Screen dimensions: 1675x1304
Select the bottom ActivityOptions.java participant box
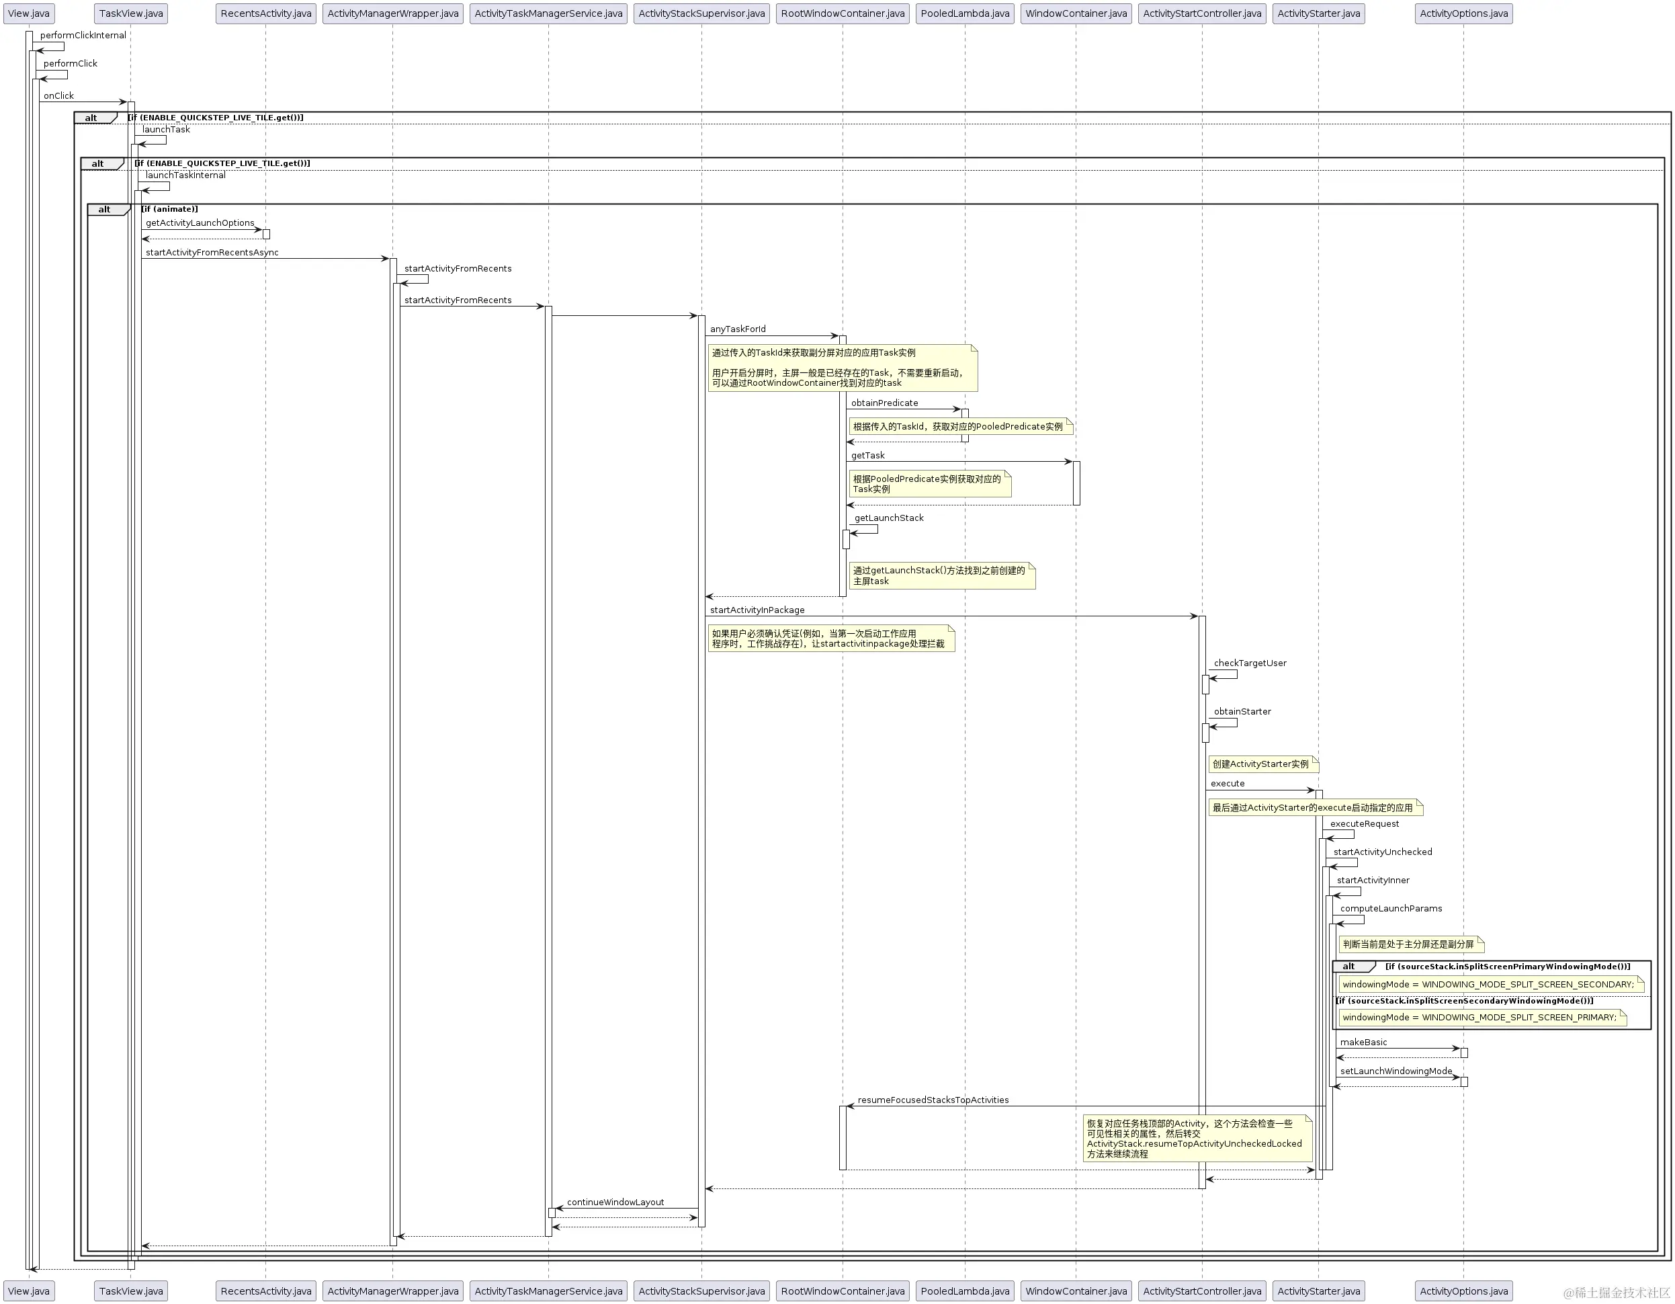coord(1463,1291)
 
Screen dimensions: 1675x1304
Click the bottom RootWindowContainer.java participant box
coord(843,1291)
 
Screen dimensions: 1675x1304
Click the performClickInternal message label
coord(83,35)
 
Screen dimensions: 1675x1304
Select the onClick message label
coord(59,96)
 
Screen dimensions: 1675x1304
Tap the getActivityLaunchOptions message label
coord(200,223)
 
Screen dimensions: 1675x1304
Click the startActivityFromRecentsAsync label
coord(212,252)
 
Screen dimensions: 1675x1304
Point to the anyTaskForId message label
coord(738,329)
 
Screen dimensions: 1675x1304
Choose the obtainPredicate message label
coord(884,403)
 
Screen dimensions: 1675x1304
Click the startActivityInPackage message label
coord(758,610)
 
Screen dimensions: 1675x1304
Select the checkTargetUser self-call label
coord(1250,663)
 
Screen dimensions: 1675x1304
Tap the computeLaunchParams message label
coord(1391,909)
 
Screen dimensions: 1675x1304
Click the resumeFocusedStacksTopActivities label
coord(933,1100)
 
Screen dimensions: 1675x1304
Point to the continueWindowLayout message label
coord(615,1202)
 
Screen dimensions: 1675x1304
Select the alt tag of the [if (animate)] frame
coord(105,210)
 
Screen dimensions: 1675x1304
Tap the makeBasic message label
coord(1364,1043)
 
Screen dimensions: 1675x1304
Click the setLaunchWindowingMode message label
coord(1396,1071)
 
